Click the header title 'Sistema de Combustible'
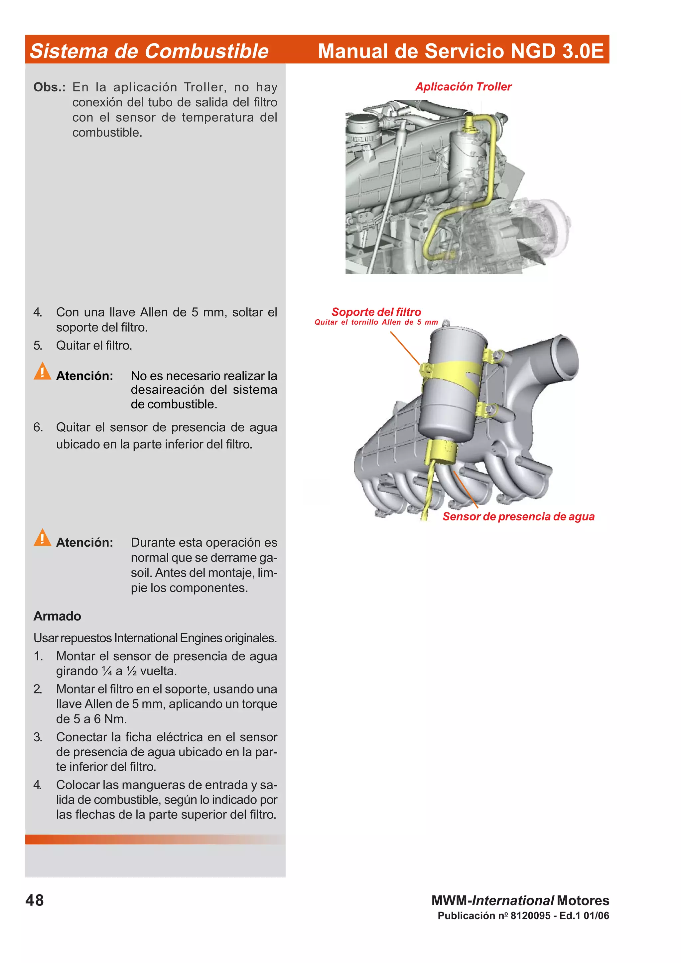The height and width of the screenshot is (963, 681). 149,51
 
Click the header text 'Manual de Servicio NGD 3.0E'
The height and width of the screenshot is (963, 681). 460,51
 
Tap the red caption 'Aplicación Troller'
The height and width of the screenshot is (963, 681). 463,87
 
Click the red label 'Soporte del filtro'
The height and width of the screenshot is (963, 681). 376,312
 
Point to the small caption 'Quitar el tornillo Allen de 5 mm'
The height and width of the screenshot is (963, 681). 376,322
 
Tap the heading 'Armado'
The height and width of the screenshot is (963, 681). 57,616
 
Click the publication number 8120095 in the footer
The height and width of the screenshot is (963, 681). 530,915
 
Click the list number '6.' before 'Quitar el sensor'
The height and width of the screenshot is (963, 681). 38,427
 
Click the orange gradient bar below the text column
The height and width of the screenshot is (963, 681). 155,839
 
